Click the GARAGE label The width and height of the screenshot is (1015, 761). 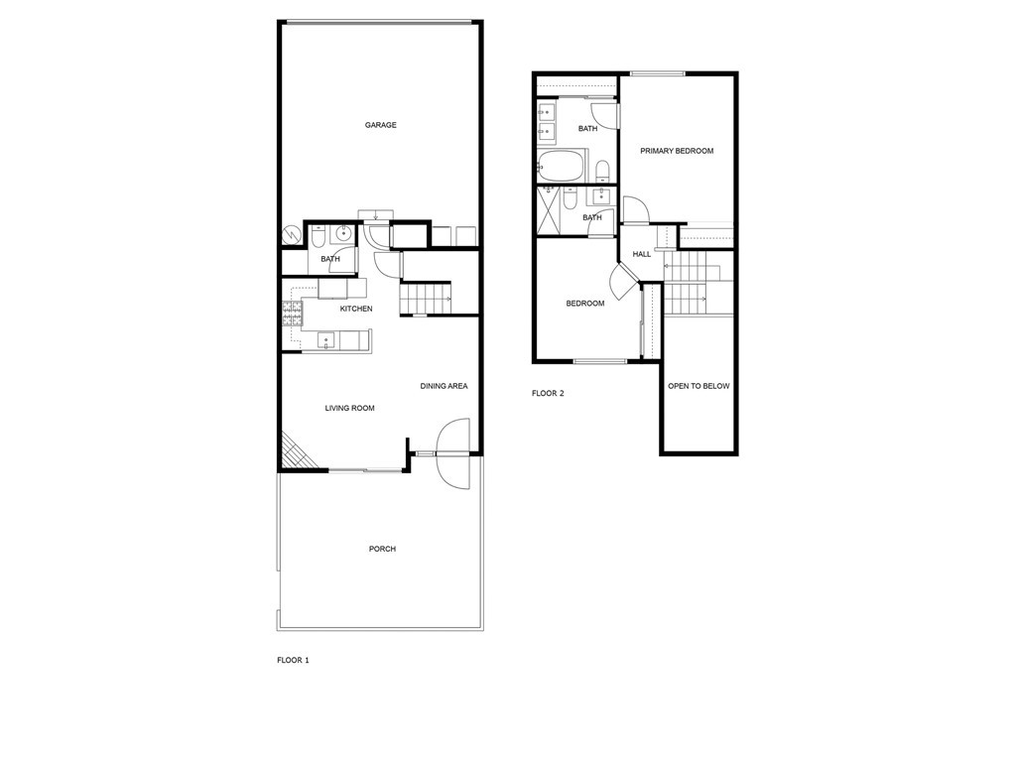tap(381, 125)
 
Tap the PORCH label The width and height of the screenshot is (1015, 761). tap(383, 549)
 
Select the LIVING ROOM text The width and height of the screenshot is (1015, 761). tap(349, 409)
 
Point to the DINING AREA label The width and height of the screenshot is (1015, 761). tap(444, 386)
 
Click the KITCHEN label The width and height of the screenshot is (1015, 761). tap(356, 309)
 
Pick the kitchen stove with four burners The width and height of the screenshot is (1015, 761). tap(292, 314)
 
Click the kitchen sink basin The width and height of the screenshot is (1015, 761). tap(325, 340)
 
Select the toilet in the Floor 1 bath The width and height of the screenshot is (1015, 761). tap(318, 238)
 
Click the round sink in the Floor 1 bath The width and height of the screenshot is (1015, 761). tap(342, 232)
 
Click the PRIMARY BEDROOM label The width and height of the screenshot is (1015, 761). tap(677, 151)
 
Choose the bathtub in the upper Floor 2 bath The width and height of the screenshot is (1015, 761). tap(562, 166)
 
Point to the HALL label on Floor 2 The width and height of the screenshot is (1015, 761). tap(642, 254)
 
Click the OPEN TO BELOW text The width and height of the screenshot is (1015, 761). tap(698, 386)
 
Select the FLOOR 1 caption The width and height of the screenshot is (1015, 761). tap(294, 661)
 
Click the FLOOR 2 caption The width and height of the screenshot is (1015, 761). tap(548, 394)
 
